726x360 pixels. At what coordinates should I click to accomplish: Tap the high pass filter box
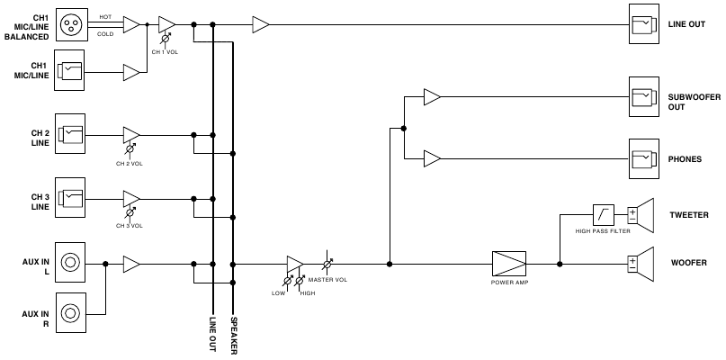pyautogui.click(x=602, y=214)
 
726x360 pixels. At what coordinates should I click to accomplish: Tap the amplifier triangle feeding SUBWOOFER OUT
pyautogui.click(x=432, y=95)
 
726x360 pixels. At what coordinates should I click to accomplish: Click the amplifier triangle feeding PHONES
pyautogui.click(x=432, y=158)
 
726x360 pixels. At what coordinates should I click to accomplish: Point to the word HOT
pyautogui.click(x=106, y=17)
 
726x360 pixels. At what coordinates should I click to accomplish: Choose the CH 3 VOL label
pyautogui.click(x=130, y=226)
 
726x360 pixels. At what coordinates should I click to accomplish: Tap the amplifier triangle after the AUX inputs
pyautogui.click(x=131, y=264)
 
